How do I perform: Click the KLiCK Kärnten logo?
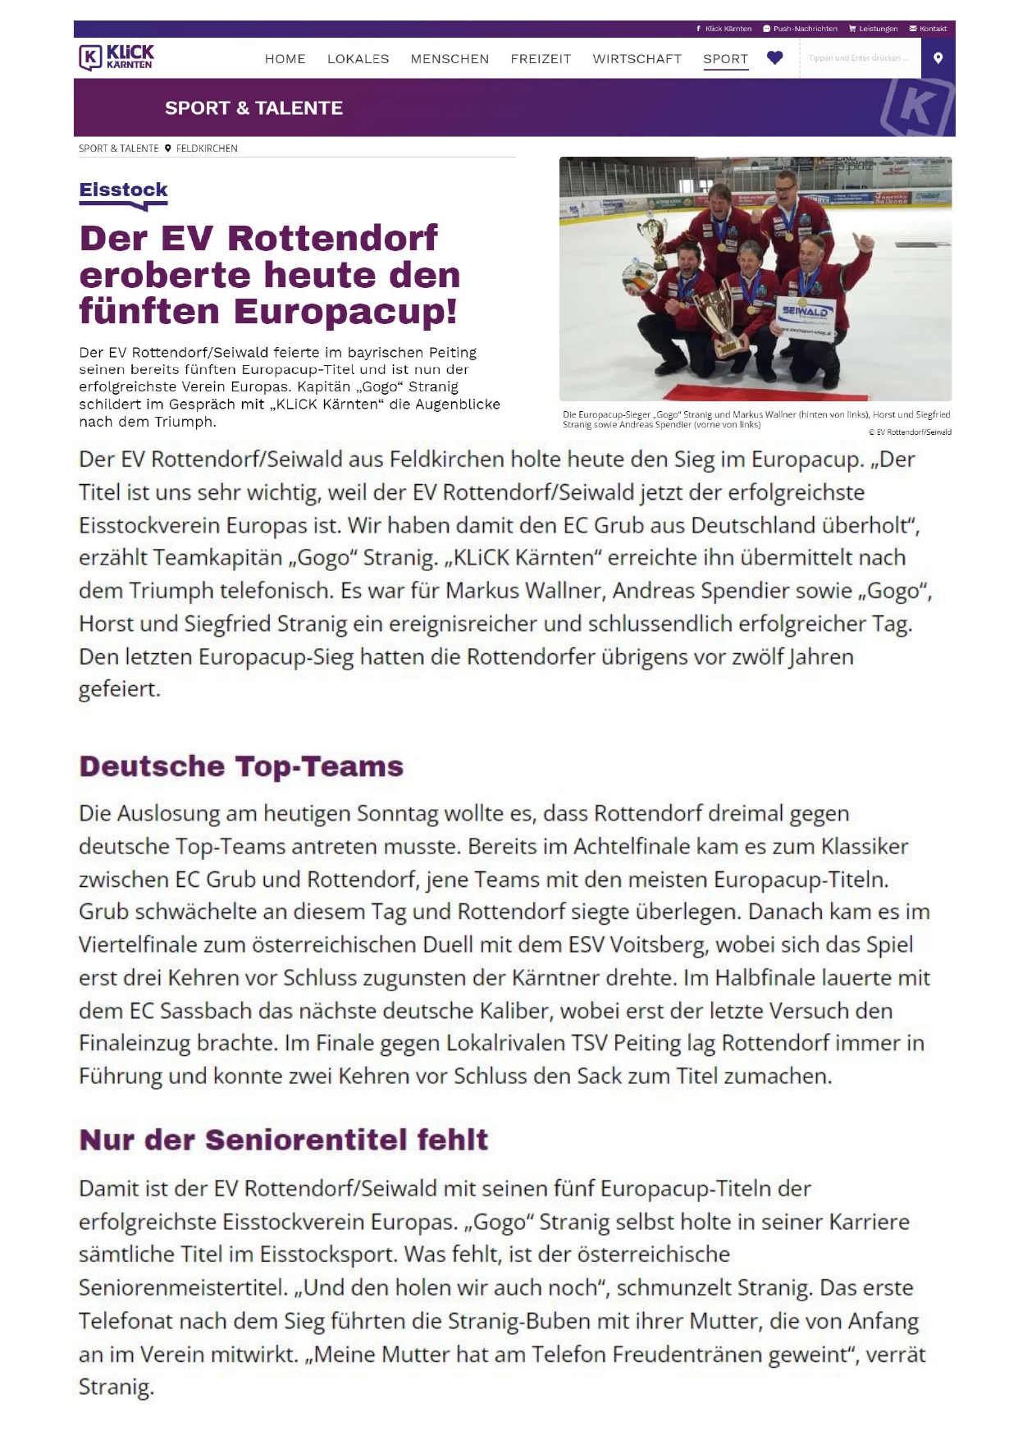tap(116, 57)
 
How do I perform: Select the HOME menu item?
tap(285, 59)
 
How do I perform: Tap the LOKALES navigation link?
tap(358, 59)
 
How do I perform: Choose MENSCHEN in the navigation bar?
tap(450, 59)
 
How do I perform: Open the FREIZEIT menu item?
tap(541, 59)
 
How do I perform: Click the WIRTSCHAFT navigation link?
tap(637, 59)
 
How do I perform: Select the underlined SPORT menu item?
tap(725, 59)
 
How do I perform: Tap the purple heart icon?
tap(774, 58)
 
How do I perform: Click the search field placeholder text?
tap(858, 58)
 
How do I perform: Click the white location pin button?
tap(938, 58)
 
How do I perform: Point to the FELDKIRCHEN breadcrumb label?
tap(206, 149)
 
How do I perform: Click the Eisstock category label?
tap(123, 190)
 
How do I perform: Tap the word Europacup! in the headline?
tap(345, 312)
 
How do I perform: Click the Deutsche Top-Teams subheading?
tap(241, 766)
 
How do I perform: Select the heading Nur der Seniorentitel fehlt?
tap(283, 1140)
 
